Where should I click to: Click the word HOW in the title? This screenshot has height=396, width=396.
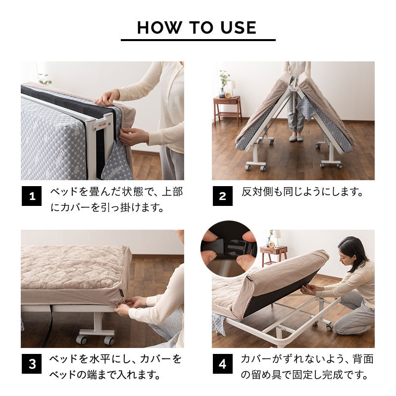click(156, 27)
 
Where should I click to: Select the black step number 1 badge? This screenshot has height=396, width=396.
click(32, 197)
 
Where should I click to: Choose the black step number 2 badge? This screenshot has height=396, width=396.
click(222, 197)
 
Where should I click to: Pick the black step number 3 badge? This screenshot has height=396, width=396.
click(32, 364)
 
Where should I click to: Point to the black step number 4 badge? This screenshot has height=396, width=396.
click(222, 364)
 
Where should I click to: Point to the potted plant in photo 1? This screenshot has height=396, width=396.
click(45, 79)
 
